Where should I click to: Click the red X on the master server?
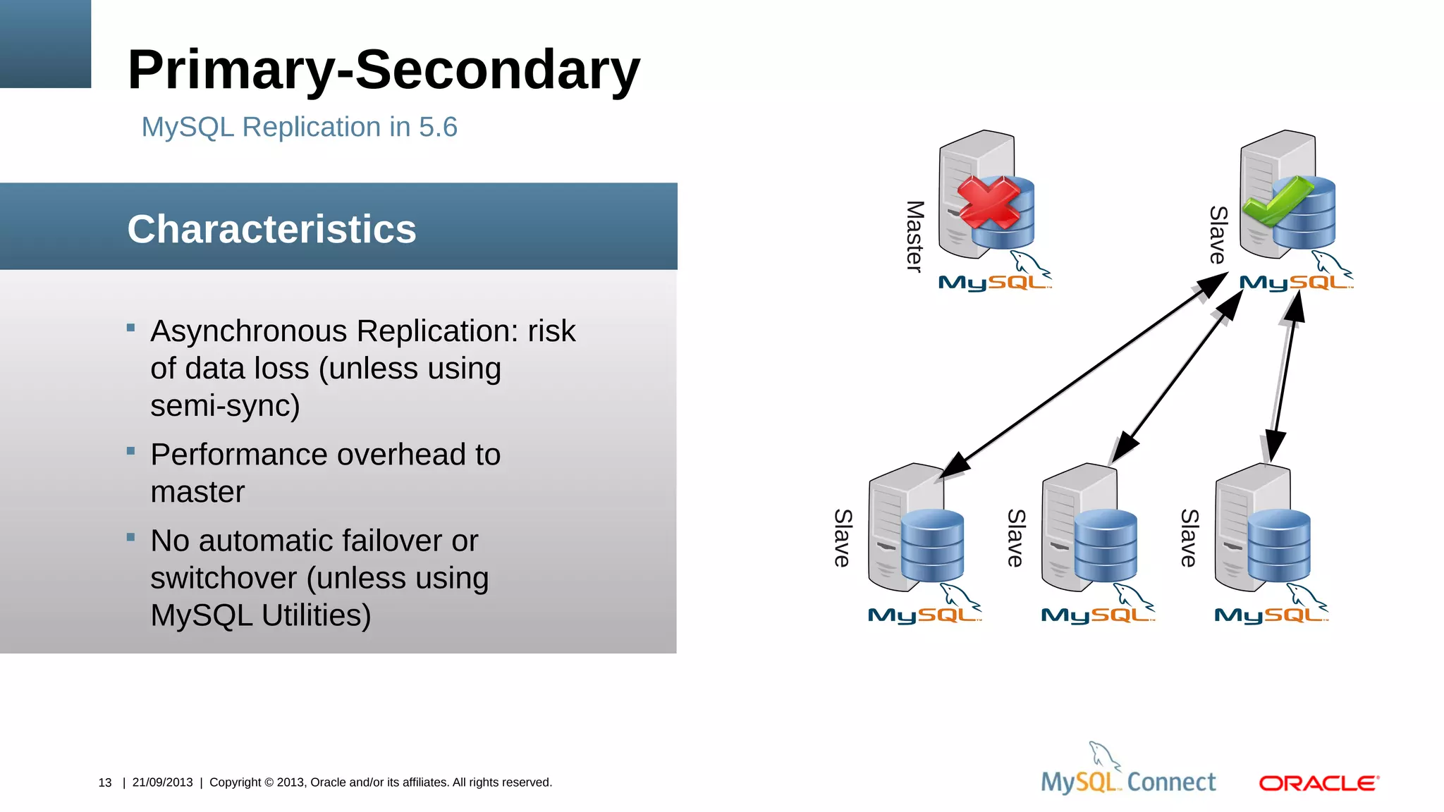coord(989,202)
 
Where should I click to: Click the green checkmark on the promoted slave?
coord(1276,202)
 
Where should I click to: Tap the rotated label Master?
coord(914,236)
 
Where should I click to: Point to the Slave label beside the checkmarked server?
coord(1218,235)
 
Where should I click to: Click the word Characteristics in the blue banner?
coord(271,229)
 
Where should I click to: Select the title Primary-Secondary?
coord(384,70)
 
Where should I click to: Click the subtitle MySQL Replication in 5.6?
coord(299,128)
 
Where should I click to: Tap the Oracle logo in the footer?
coord(1318,783)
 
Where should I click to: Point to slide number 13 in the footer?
coord(105,782)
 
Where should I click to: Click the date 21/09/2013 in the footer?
coord(162,782)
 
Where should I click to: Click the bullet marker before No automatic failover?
coord(130,537)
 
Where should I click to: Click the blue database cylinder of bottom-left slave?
coord(932,546)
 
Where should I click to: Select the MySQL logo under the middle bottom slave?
coord(1097,614)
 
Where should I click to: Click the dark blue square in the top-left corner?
coord(45,44)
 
